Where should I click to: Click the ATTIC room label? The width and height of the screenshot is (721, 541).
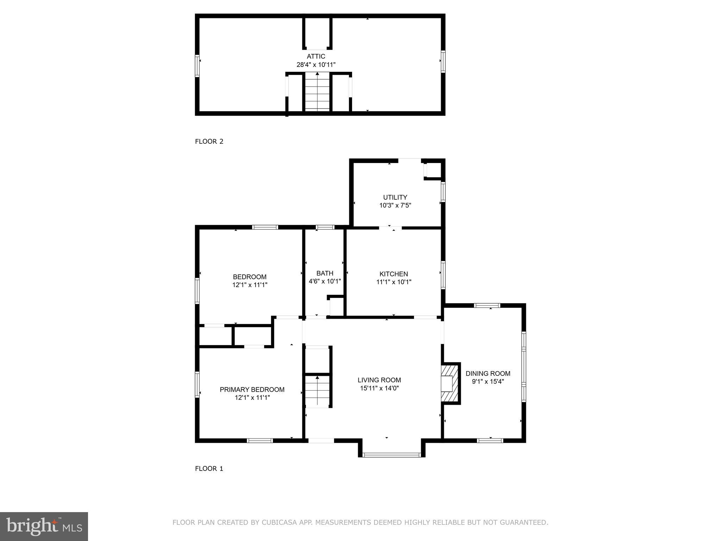click(316, 56)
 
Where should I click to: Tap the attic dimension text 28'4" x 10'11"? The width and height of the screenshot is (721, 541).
click(316, 65)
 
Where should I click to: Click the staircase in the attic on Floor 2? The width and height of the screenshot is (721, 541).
click(317, 92)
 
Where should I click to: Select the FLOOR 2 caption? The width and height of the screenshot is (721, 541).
click(209, 142)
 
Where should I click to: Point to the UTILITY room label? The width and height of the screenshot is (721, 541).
click(395, 197)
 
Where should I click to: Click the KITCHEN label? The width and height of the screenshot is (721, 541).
click(394, 274)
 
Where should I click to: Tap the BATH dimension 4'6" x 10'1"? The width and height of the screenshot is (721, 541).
click(325, 281)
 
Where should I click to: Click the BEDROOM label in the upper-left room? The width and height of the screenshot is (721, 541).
click(250, 277)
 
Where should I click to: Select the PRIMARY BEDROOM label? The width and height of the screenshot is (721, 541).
click(252, 390)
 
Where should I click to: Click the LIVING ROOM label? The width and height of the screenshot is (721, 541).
click(379, 380)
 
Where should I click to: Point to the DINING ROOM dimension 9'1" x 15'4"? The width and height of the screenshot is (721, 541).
click(488, 381)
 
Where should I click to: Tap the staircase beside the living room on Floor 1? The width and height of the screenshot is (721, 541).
click(317, 391)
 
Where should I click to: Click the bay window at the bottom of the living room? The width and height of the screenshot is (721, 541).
click(391, 455)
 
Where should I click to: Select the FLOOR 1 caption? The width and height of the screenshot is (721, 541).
click(209, 468)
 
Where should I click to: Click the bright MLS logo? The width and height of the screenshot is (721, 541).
click(44, 526)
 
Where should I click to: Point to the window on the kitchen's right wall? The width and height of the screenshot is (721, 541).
click(443, 275)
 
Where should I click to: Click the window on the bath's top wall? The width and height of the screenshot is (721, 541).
click(325, 227)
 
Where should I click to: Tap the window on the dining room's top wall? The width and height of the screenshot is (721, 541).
click(487, 305)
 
